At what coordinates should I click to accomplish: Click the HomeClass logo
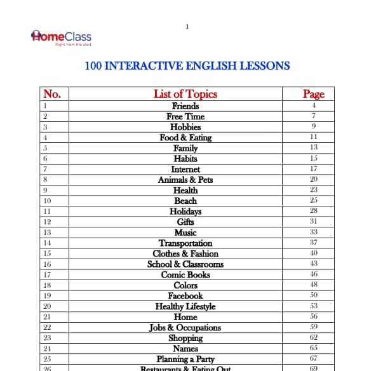61,36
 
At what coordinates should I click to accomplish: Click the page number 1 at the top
187,26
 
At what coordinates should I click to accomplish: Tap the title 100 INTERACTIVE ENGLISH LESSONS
187,65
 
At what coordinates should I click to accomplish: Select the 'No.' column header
51,94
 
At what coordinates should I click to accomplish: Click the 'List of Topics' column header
185,94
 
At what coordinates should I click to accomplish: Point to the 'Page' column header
313,94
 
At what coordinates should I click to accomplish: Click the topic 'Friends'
185,106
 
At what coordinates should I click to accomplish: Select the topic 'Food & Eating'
185,137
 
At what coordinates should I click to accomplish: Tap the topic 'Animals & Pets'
185,180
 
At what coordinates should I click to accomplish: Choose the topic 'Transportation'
185,243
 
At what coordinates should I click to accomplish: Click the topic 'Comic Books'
185,275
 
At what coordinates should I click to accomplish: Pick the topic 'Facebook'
185,296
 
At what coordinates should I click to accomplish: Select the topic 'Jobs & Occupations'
185,328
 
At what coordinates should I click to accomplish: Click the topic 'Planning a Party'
185,359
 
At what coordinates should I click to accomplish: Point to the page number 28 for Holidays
313,211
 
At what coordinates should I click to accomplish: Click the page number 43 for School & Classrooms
313,264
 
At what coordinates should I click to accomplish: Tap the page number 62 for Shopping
313,338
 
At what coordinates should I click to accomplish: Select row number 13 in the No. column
46,233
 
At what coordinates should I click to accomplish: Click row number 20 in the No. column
46,306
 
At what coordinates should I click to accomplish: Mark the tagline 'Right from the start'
69,45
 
